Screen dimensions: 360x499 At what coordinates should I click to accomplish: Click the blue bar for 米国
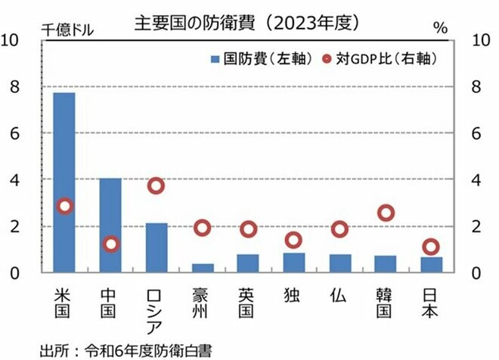pos(64,182)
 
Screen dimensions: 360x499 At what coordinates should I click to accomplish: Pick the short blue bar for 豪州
pos(202,268)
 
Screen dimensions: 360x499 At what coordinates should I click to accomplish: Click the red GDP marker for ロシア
pos(156,186)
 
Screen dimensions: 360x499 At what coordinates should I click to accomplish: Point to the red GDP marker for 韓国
pos(386,213)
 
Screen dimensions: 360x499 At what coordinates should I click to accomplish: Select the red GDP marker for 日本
pos(431,247)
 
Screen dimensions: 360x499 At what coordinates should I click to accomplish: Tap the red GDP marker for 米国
pos(64,206)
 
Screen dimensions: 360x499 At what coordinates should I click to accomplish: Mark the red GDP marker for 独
pos(293,240)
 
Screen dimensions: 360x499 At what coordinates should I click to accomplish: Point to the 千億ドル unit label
pos(68,30)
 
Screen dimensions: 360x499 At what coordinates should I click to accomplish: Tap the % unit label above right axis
pos(440,29)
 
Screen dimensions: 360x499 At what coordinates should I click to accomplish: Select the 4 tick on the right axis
pos(475,179)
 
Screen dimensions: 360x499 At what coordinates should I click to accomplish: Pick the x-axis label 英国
pos(247,301)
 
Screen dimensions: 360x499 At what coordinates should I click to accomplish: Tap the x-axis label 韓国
pos(386,301)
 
